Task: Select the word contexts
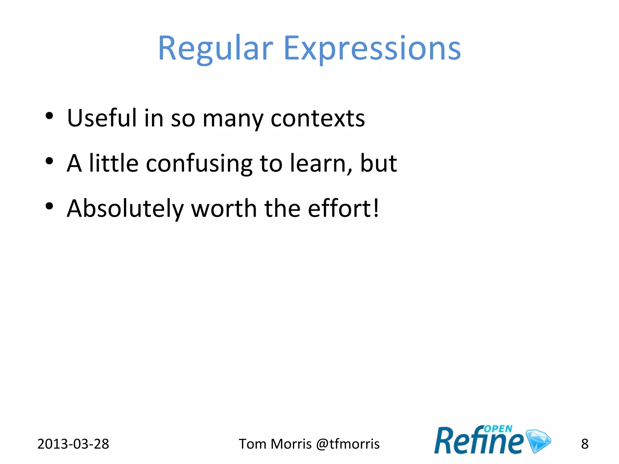click(x=318, y=118)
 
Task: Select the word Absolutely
click(x=125, y=209)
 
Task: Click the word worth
click(x=224, y=208)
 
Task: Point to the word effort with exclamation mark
click(x=343, y=208)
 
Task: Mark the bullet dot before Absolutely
click(x=49, y=206)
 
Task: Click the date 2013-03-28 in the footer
click(x=73, y=444)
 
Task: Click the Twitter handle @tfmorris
click(x=348, y=444)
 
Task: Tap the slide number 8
click(x=585, y=444)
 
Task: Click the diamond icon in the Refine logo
click(x=539, y=441)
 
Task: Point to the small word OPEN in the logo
click(x=498, y=429)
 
